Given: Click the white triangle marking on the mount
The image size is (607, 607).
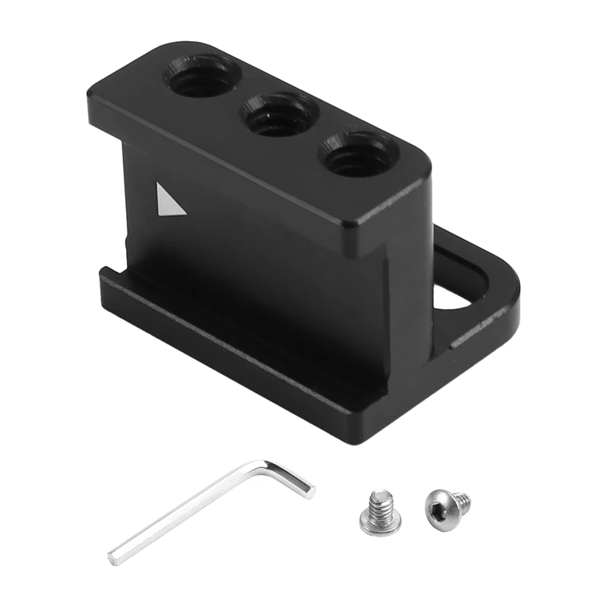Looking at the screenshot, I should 168,200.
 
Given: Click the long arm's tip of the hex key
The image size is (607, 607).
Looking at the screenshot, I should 114,558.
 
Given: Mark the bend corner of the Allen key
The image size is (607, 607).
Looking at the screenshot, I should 267,464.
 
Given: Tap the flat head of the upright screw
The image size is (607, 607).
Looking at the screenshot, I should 379,524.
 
